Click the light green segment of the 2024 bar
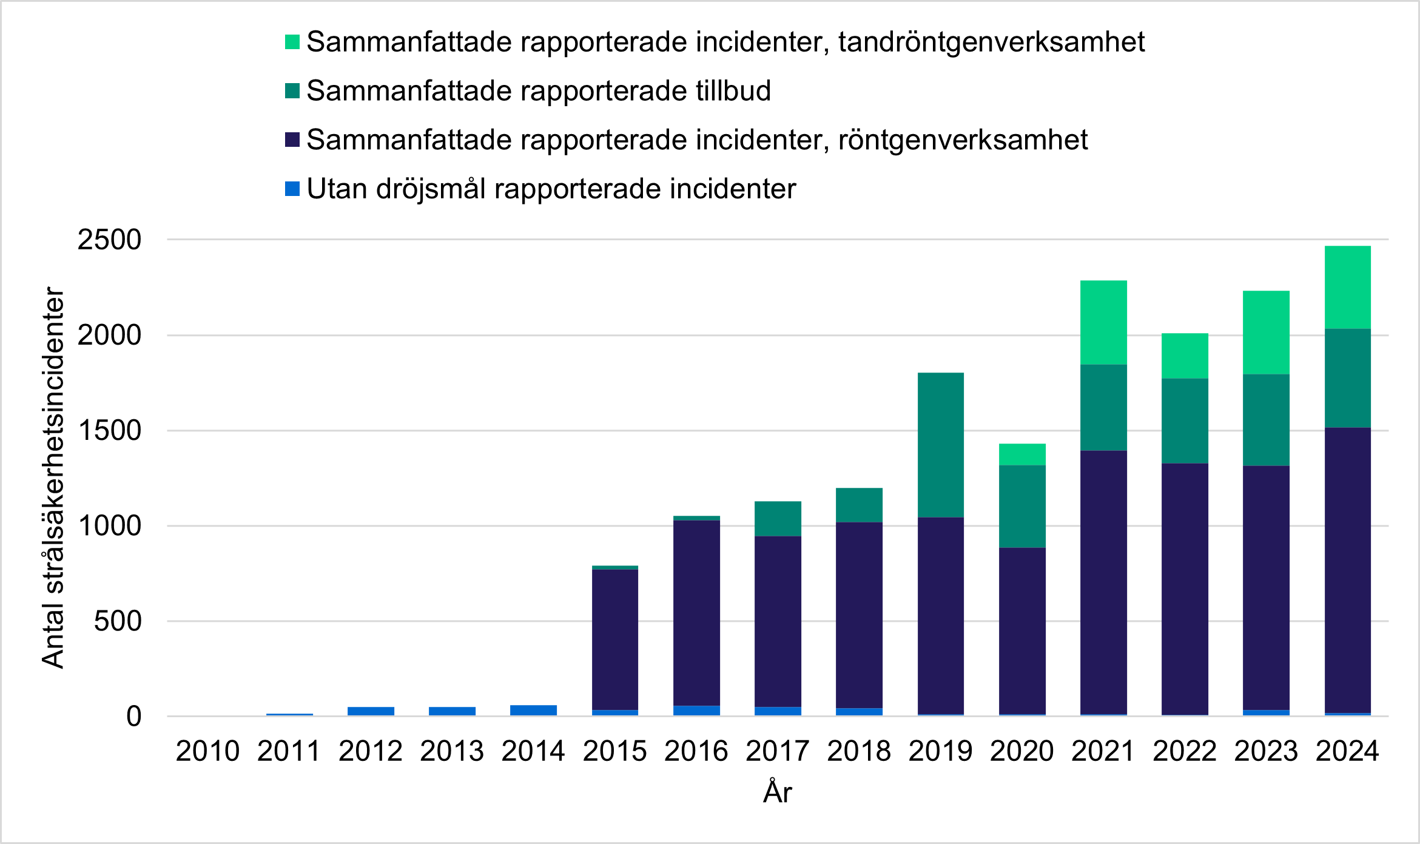[1347, 287]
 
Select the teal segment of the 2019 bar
[940, 445]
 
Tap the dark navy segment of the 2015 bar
[614, 640]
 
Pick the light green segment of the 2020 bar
[1022, 454]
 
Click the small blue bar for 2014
[533, 711]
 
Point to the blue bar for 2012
[371, 711]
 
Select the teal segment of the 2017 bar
[778, 519]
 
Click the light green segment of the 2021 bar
[1103, 322]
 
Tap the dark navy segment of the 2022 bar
[1185, 589]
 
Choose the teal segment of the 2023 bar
[1266, 420]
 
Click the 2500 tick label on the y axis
[109, 240]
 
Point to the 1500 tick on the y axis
[109, 431]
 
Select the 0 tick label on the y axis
[133, 717]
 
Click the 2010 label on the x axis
[207, 751]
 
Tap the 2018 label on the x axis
[858, 751]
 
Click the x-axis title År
[777, 792]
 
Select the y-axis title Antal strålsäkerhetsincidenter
[53, 478]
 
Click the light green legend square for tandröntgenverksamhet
[292, 42]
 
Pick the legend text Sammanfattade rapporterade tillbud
[538, 91]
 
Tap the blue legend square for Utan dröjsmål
[292, 189]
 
